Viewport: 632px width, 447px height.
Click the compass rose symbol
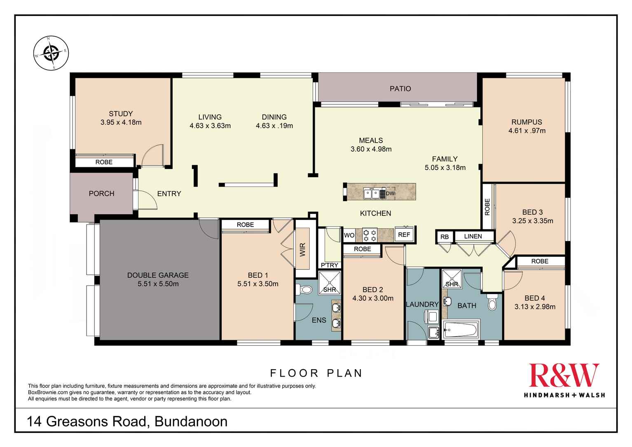coord(51,53)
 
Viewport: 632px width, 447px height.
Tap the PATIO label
coord(400,89)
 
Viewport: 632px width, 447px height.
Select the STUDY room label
coord(121,114)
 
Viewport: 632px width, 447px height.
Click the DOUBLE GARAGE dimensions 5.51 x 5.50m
coord(158,284)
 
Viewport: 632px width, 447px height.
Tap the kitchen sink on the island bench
coord(372,192)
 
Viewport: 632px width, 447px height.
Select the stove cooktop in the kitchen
coord(369,235)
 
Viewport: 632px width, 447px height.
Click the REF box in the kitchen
coord(404,235)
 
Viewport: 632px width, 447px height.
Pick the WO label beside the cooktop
coord(349,235)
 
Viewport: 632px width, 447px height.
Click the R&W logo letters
coord(564,375)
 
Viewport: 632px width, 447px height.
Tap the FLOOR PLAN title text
coord(316,373)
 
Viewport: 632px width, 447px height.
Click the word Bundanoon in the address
coord(190,421)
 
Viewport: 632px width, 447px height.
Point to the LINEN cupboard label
coord(473,236)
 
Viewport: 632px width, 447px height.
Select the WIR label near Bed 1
coord(303,250)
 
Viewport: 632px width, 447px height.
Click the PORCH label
coord(101,194)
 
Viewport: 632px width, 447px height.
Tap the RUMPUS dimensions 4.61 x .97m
coord(527,131)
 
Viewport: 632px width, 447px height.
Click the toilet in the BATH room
coord(492,303)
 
